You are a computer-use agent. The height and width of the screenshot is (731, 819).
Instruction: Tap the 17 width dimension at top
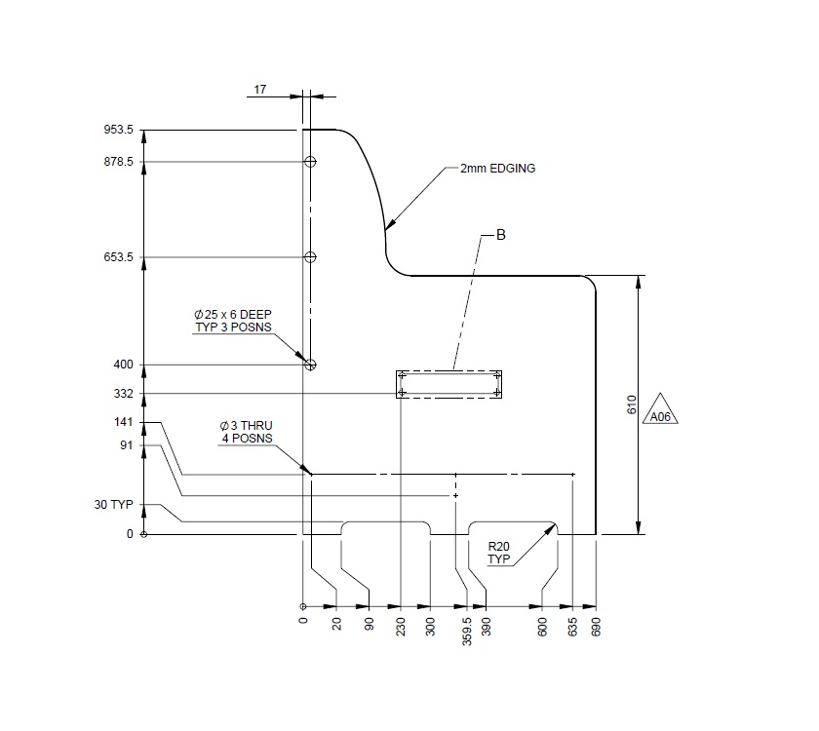[260, 90]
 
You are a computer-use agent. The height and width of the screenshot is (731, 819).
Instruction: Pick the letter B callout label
[501, 235]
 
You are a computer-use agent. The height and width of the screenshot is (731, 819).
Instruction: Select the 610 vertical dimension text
[631, 405]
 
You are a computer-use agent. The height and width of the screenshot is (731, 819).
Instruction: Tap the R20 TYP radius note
[498, 554]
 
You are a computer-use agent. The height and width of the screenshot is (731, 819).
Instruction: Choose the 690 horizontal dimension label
[597, 624]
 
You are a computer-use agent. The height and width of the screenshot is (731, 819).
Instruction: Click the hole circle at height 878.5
[310, 162]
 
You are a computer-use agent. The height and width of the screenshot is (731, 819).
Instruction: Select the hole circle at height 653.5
[310, 257]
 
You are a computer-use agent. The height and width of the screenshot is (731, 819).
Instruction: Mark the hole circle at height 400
[310, 365]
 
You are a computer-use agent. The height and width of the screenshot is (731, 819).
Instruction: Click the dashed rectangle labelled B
[448, 384]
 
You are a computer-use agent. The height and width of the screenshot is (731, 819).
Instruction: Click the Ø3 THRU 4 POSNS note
[246, 432]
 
